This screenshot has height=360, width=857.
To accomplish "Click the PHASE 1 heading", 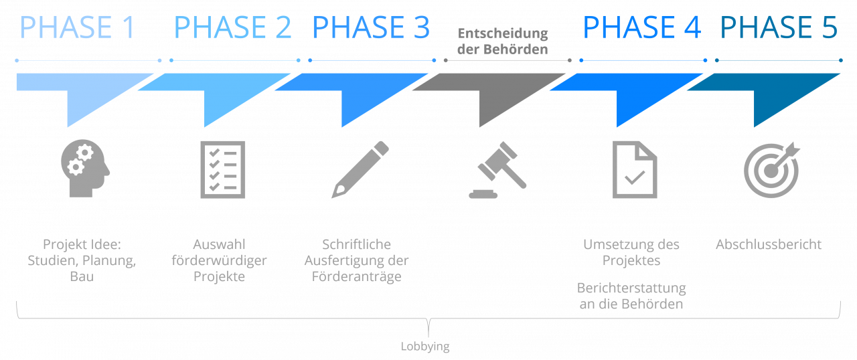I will click(x=78, y=28).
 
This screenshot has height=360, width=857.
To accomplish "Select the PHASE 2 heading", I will click(x=232, y=28).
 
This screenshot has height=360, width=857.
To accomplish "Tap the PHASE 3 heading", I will click(x=371, y=28).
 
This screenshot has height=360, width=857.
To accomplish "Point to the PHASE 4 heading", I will click(x=641, y=28).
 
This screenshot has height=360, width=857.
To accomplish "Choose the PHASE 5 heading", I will click(x=779, y=28).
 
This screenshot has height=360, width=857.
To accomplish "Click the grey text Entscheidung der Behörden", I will click(x=502, y=41).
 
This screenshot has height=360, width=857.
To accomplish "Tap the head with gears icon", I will click(x=85, y=169).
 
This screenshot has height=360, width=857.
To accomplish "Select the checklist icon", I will click(x=223, y=169).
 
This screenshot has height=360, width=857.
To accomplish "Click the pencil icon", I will click(x=360, y=169).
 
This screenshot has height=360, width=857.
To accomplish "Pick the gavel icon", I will click(x=497, y=171).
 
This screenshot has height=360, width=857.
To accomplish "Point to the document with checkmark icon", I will click(x=635, y=169).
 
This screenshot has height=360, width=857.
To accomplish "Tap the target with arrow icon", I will click(x=771, y=169).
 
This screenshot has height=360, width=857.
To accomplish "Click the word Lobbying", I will click(x=425, y=347).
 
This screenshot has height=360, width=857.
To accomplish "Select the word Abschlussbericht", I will click(x=769, y=244).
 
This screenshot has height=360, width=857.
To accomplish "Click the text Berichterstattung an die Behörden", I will click(x=631, y=296).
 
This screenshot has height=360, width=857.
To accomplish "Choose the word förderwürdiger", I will click(x=220, y=260).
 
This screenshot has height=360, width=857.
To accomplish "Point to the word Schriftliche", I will click(x=356, y=244).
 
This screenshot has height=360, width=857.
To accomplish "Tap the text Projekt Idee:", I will click(x=82, y=244).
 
